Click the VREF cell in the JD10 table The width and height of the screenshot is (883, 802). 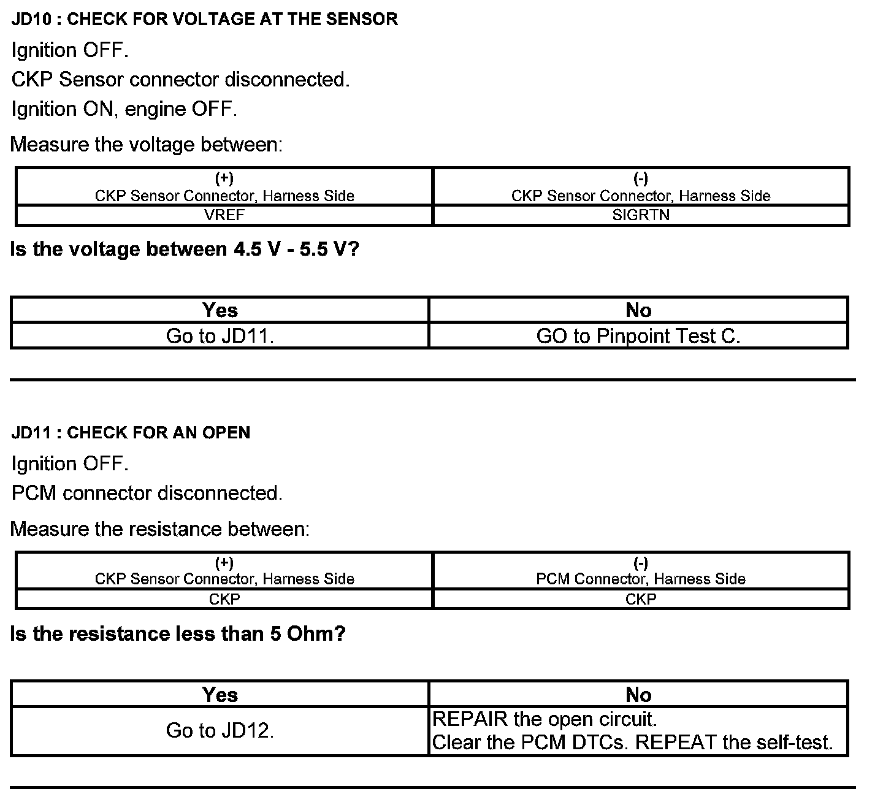[224, 215]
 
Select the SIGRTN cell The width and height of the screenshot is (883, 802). [641, 215]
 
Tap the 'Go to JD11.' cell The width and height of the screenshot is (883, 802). [220, 336]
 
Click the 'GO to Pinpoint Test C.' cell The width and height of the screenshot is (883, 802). [638, 336]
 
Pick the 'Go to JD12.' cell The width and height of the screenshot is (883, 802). [220, 730]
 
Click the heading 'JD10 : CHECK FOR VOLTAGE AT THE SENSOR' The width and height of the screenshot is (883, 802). [204, 19]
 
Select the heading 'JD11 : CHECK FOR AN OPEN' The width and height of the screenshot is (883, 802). [131, 433]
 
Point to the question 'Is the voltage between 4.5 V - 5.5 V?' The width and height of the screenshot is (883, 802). [185, 249]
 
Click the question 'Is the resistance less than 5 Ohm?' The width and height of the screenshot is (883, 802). [178, 633]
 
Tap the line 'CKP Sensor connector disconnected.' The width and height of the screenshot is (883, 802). [180, 80]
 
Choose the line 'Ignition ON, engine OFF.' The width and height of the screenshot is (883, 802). [124, 109]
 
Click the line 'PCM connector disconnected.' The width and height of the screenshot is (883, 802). [147, 493]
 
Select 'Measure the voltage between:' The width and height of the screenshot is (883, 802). [147, 145]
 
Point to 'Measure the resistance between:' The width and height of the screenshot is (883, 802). [160, 529]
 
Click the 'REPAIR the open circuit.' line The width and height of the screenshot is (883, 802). [545, 719]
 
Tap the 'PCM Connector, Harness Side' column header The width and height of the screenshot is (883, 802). [641, 579]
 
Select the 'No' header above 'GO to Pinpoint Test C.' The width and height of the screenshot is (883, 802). [638, 310]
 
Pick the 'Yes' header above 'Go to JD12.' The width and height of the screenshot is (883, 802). [220, 694]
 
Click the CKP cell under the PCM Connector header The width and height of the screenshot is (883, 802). [641, 599]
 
